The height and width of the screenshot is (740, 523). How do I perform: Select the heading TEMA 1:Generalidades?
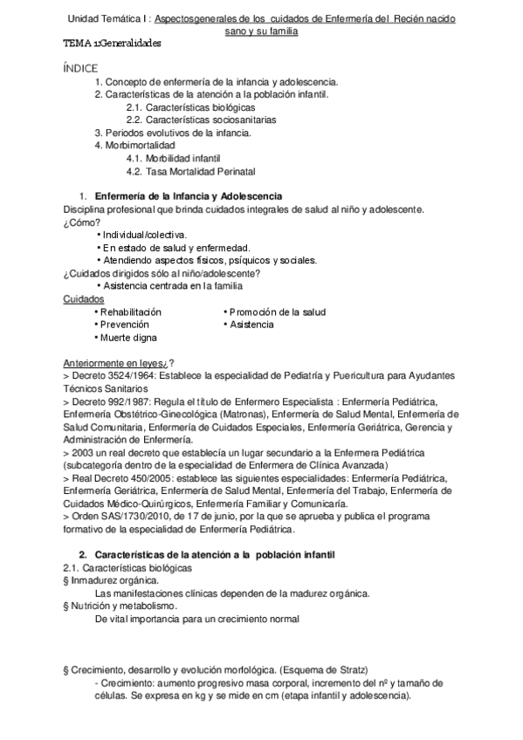point(113,43)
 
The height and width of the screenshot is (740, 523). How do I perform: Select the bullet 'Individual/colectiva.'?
point(144,235)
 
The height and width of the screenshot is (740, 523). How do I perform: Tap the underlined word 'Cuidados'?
point(83,299)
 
